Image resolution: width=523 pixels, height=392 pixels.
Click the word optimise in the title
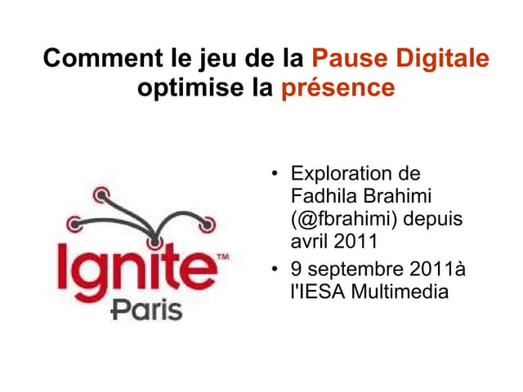177,87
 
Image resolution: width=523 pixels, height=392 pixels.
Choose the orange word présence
338,87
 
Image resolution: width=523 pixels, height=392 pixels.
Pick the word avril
311,242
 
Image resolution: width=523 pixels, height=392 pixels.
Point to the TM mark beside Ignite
221,256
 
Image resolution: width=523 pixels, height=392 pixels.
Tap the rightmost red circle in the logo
208,222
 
